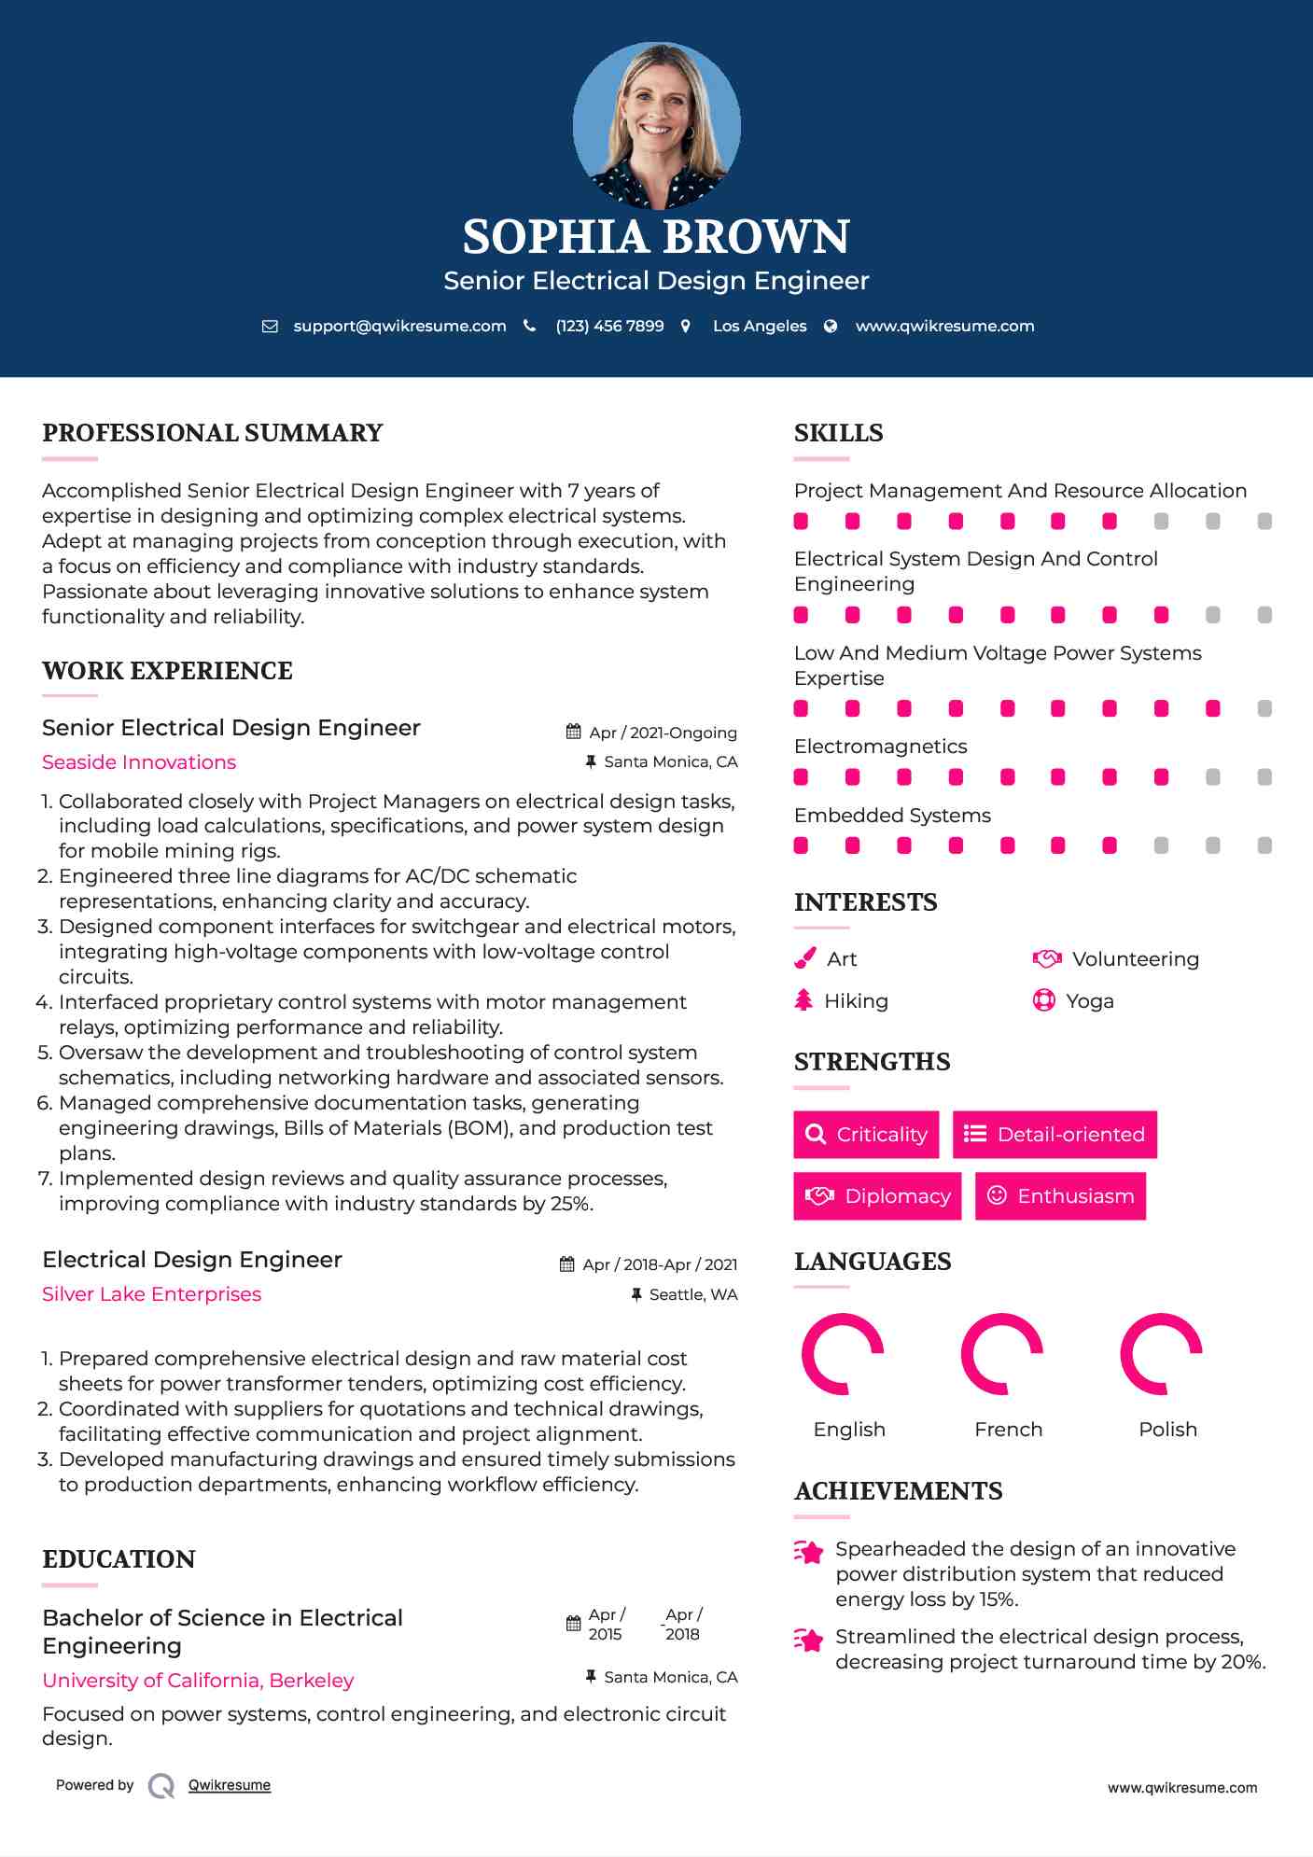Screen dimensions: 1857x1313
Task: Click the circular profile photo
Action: point(656,125)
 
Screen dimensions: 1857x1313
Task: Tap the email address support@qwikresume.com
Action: point(399,326)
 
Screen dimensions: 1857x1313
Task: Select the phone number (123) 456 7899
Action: point(609,326)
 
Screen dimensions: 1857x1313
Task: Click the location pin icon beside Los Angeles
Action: point(686,326)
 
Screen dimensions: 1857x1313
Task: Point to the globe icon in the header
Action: point(831,326)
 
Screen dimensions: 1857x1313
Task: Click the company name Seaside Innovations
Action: point(139,762)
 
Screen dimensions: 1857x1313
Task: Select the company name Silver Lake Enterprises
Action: point(151,1294)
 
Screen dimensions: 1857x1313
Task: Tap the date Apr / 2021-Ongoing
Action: point(663,733)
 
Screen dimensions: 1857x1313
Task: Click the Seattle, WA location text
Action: point(692,1294)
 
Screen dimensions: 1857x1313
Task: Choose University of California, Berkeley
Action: point(198,1681)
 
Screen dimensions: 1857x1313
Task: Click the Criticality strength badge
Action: point(866,1135)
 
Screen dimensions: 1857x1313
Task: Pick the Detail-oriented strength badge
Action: point(1055,1135)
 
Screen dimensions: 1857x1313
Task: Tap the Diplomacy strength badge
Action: point(877,1196)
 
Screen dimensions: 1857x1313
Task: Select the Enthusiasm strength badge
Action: point(1060,1196)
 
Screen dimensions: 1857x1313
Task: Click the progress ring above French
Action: point(1002,1353)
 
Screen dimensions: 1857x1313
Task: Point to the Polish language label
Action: point(1167,1430)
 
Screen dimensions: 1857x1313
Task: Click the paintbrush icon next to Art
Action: point(804,959)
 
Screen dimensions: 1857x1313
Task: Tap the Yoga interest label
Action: point(1090,1001)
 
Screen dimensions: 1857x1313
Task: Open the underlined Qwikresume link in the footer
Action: point(230,1785)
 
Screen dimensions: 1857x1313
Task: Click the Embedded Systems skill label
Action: point(892,816)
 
